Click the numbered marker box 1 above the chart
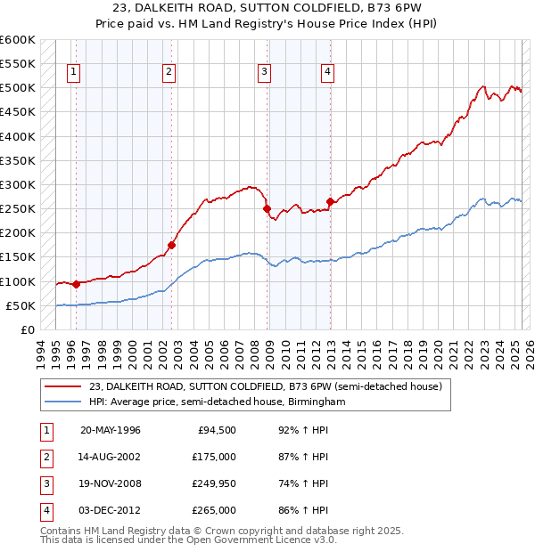coord(72,73)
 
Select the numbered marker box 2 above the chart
coord(169,73)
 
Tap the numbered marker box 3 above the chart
coord(265,73)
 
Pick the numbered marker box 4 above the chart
coord(328,73)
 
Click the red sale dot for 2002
coord(172,245)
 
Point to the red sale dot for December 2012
coord(330,201)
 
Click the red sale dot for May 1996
coord(76,284)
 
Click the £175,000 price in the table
coord(215,457)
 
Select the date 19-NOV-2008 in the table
coord(111,483)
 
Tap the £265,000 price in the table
coord(215,510)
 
